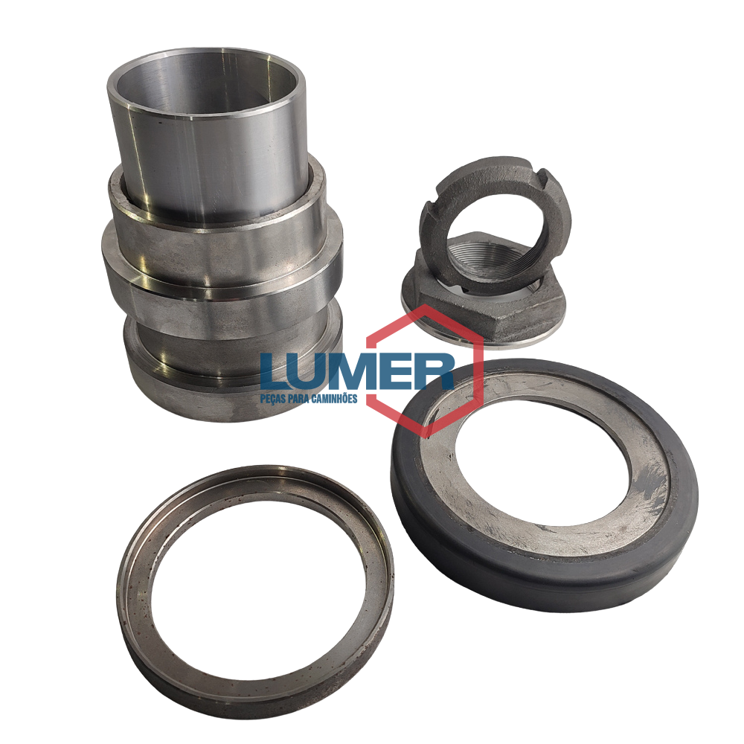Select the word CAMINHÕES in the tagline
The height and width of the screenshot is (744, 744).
(x=335, y=398)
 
